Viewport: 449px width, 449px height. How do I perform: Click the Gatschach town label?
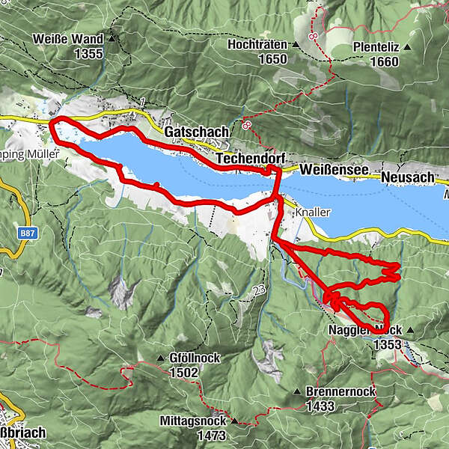pyautogui.click(x=197, y=132)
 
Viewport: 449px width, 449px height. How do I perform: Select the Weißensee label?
pyautogui.click(x=335, y=171)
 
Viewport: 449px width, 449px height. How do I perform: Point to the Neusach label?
pyautogui.click(x=408, y=177)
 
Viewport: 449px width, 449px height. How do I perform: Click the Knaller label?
pyautogui.click(x=313, y=212)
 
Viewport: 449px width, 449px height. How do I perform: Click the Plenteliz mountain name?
pyautogui.click(x=376, y=48)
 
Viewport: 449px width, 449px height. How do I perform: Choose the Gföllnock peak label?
pyautogui.click(x=195, y=358)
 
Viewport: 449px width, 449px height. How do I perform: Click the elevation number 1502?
pyautogui.click(x=184, y=372)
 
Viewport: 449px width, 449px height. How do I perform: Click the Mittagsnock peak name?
pyautogui.click(x=193, y=421)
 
